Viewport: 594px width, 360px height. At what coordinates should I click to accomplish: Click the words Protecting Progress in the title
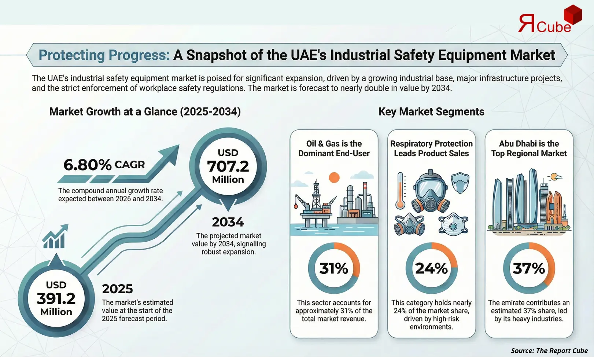[x=104, y=55]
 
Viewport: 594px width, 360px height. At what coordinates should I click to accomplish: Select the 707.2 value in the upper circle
[x=228, y=166]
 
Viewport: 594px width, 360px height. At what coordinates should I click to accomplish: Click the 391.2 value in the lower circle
[x=56, y=298]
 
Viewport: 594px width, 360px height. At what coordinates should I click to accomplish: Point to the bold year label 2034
[x=228, y=222]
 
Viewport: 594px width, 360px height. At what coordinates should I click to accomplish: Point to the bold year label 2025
[x=117, y=289]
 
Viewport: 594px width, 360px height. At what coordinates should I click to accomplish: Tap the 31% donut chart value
[x=334, y=268]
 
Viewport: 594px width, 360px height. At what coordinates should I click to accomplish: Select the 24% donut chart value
[x=431, y=268]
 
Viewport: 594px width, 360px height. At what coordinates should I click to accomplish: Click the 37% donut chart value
[x=529, y=268]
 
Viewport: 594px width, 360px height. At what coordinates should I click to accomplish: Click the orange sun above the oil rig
[x=334, y=178]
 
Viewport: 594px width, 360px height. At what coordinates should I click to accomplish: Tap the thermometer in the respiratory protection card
[x=401, y=191]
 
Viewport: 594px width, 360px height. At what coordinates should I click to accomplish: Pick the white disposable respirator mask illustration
[x=453, y=224]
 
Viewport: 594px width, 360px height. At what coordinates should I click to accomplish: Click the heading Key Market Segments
[x=431, y=112]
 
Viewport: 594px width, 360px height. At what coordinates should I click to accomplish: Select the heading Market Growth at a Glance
[x=145, y=112]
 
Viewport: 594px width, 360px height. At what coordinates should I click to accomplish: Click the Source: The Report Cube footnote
[x=549, y=351]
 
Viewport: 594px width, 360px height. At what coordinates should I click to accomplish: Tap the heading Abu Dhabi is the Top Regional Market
[x=529, y=148]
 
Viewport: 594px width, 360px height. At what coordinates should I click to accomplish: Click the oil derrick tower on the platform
[x=316, y=194]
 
